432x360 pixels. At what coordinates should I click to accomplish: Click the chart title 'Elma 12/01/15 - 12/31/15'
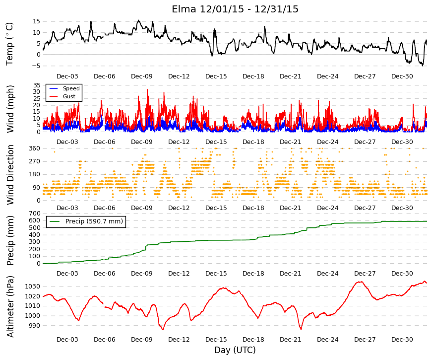point(235,9)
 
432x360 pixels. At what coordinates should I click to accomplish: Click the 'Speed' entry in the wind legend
point(71,88)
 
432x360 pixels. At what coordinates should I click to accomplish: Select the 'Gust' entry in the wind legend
point(69,96)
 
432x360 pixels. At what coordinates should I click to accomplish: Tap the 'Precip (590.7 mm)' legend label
point(94,221)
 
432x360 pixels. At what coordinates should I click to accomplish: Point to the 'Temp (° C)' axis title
point(9,44)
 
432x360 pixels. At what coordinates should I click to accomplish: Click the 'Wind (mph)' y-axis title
point(10,109)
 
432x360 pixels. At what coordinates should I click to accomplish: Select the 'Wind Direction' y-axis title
point(10,175)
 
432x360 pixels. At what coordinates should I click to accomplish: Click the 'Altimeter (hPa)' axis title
point(10,306)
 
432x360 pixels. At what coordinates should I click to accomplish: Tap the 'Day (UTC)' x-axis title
point(235,350)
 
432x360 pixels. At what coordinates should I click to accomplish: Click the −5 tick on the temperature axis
point(36,66)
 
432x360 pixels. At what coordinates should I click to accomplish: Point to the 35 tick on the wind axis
point(37,85)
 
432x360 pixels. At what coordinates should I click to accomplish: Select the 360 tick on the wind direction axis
point(35,148)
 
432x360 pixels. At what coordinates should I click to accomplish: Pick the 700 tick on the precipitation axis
point(35,214)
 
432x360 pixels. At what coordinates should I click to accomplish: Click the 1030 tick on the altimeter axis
point(33,287)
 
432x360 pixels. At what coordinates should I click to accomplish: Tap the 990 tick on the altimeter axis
point(34,326)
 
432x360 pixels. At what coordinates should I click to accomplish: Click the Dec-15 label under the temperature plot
point(216,76)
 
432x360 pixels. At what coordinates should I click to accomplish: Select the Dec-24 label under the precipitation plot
point(327,274)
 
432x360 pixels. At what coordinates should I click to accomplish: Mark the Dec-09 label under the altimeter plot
point(142,340)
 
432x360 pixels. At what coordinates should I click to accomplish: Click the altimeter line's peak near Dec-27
point(360,282)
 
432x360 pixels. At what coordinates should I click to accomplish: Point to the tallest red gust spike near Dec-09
point(147,90)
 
